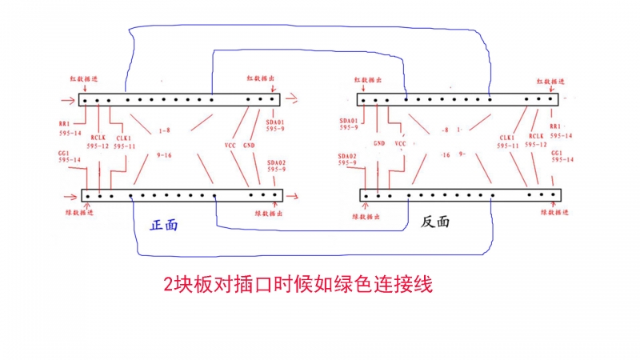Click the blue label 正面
164,225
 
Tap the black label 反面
435,222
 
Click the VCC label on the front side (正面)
230,146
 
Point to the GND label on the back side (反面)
379,145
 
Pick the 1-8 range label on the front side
164,130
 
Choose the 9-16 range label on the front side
164,154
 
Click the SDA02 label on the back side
347,155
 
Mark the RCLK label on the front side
98,137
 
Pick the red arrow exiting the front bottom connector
293,195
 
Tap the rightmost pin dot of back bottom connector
553,194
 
